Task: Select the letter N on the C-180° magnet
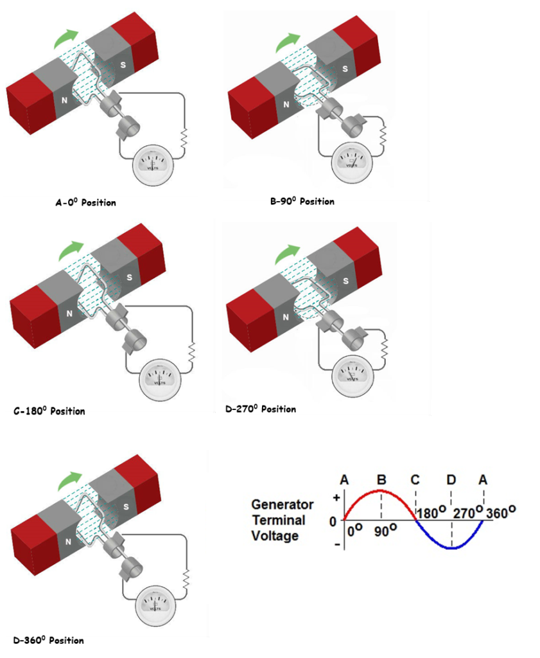69,314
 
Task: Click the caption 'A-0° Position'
86,202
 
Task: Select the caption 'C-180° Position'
49,411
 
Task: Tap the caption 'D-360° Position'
49,640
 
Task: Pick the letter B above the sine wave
381,480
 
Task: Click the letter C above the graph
415,480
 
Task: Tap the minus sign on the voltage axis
335,545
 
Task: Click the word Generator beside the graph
282,504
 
